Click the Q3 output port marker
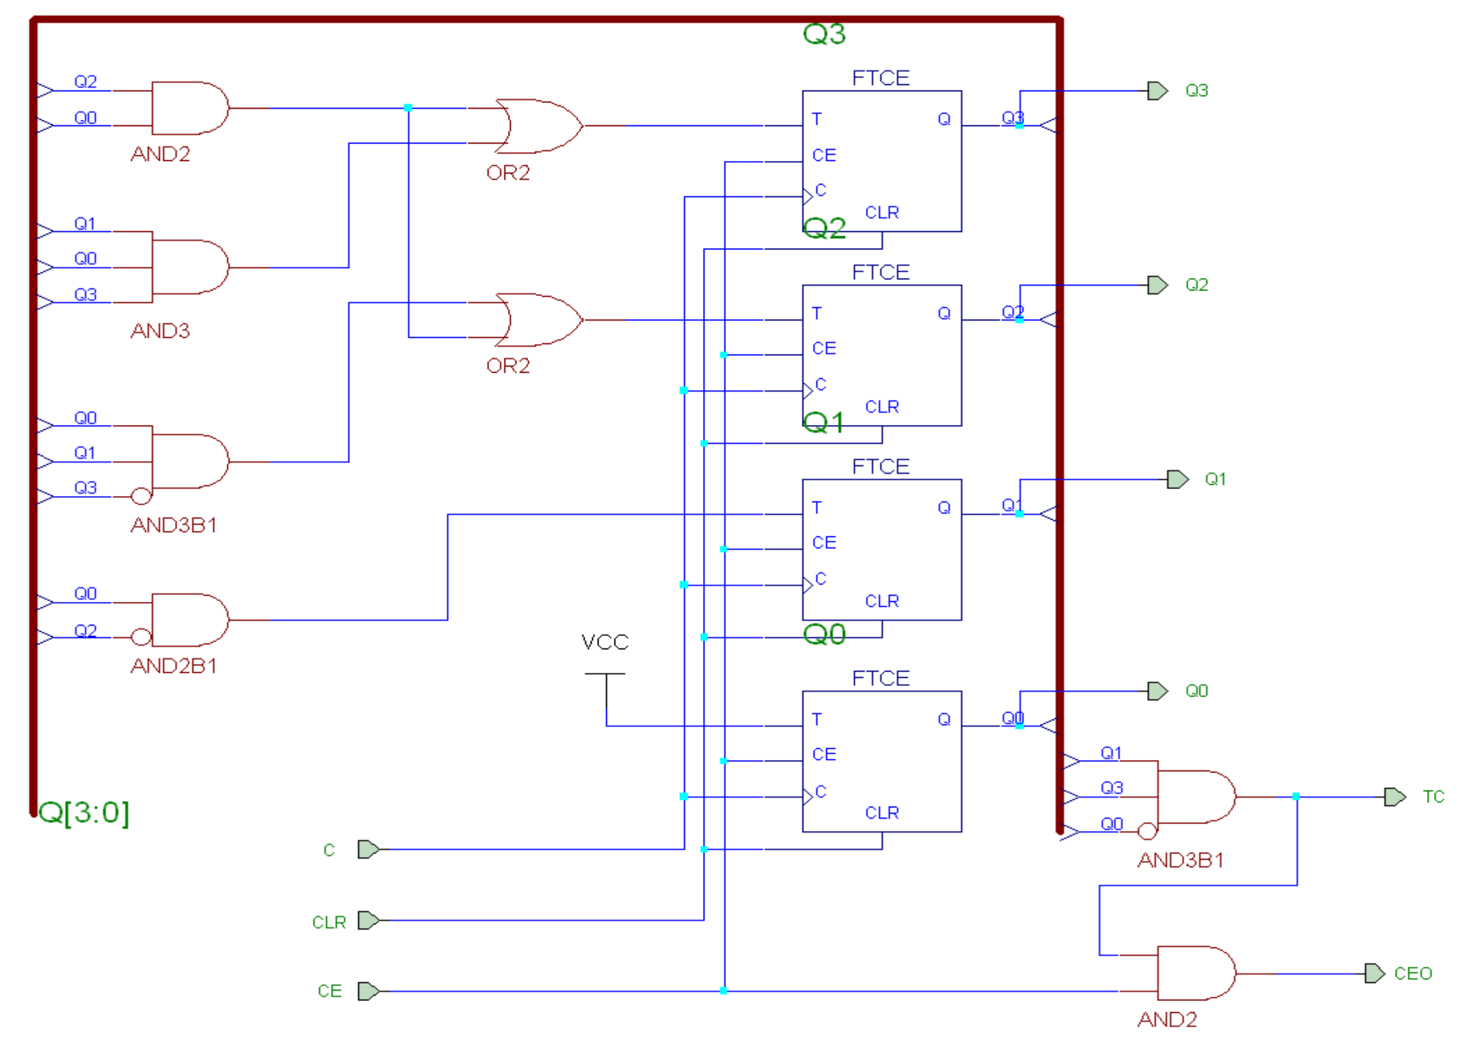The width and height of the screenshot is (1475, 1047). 1157,91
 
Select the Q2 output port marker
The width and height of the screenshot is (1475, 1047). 1157,285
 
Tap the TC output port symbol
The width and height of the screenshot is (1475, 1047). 1395,797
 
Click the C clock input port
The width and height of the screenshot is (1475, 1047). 368,849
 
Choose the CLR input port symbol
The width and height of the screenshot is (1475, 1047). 368,920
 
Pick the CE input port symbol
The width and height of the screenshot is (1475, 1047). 368,991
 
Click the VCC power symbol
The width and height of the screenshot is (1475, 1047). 605,674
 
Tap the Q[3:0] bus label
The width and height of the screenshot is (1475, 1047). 84,812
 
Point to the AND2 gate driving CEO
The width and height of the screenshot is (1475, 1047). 1196,973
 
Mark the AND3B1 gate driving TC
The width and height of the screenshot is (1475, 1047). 1196,797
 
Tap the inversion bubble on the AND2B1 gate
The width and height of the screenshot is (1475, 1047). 141,637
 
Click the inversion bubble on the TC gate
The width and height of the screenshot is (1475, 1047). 1147,831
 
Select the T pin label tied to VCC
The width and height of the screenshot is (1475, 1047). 817,720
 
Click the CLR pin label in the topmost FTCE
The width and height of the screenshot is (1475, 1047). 881,212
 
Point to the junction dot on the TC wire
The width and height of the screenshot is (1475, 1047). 1296,796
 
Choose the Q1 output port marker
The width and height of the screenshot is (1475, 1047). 1177,479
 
